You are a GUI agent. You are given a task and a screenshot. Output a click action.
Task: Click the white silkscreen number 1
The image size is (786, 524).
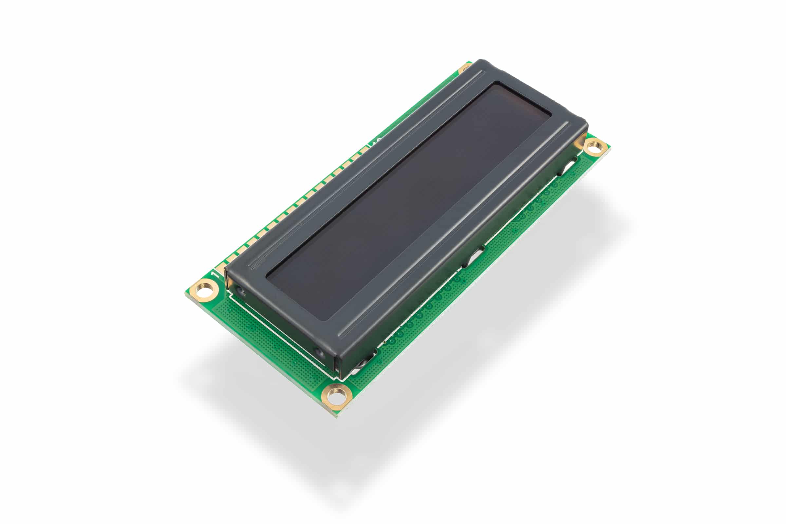214,274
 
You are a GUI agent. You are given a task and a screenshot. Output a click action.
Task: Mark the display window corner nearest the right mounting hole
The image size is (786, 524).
550,116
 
